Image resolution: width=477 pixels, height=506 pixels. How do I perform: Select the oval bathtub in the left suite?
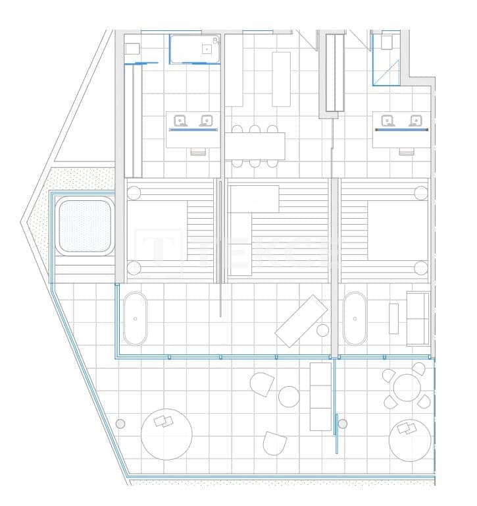(x=136, y=318)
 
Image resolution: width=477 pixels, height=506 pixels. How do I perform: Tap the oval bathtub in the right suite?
(x=355, y=318)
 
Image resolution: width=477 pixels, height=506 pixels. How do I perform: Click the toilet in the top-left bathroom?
(x=132, y=48)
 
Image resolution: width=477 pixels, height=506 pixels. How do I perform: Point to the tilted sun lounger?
(x=301, y=321)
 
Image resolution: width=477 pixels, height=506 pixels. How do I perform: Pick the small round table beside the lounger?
(x=322, y=330)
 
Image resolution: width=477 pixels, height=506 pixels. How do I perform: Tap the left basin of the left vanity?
(x=180, y=120)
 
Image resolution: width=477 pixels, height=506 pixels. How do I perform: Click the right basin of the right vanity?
(x=414, y=120)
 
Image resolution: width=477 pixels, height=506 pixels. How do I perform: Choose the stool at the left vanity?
(x=197, y=152)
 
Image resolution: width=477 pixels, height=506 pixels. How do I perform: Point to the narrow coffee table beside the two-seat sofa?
(x=394, y=318)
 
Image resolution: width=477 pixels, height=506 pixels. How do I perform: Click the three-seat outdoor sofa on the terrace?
(x=320, y=396)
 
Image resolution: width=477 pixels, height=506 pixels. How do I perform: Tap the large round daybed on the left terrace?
(x=166, y=436)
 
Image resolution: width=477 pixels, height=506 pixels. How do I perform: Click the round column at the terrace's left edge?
(x=120, y=423)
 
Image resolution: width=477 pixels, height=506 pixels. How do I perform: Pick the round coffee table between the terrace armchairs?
(x=289, y=396)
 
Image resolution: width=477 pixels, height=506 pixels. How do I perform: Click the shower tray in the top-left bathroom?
(x=195, y=49)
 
